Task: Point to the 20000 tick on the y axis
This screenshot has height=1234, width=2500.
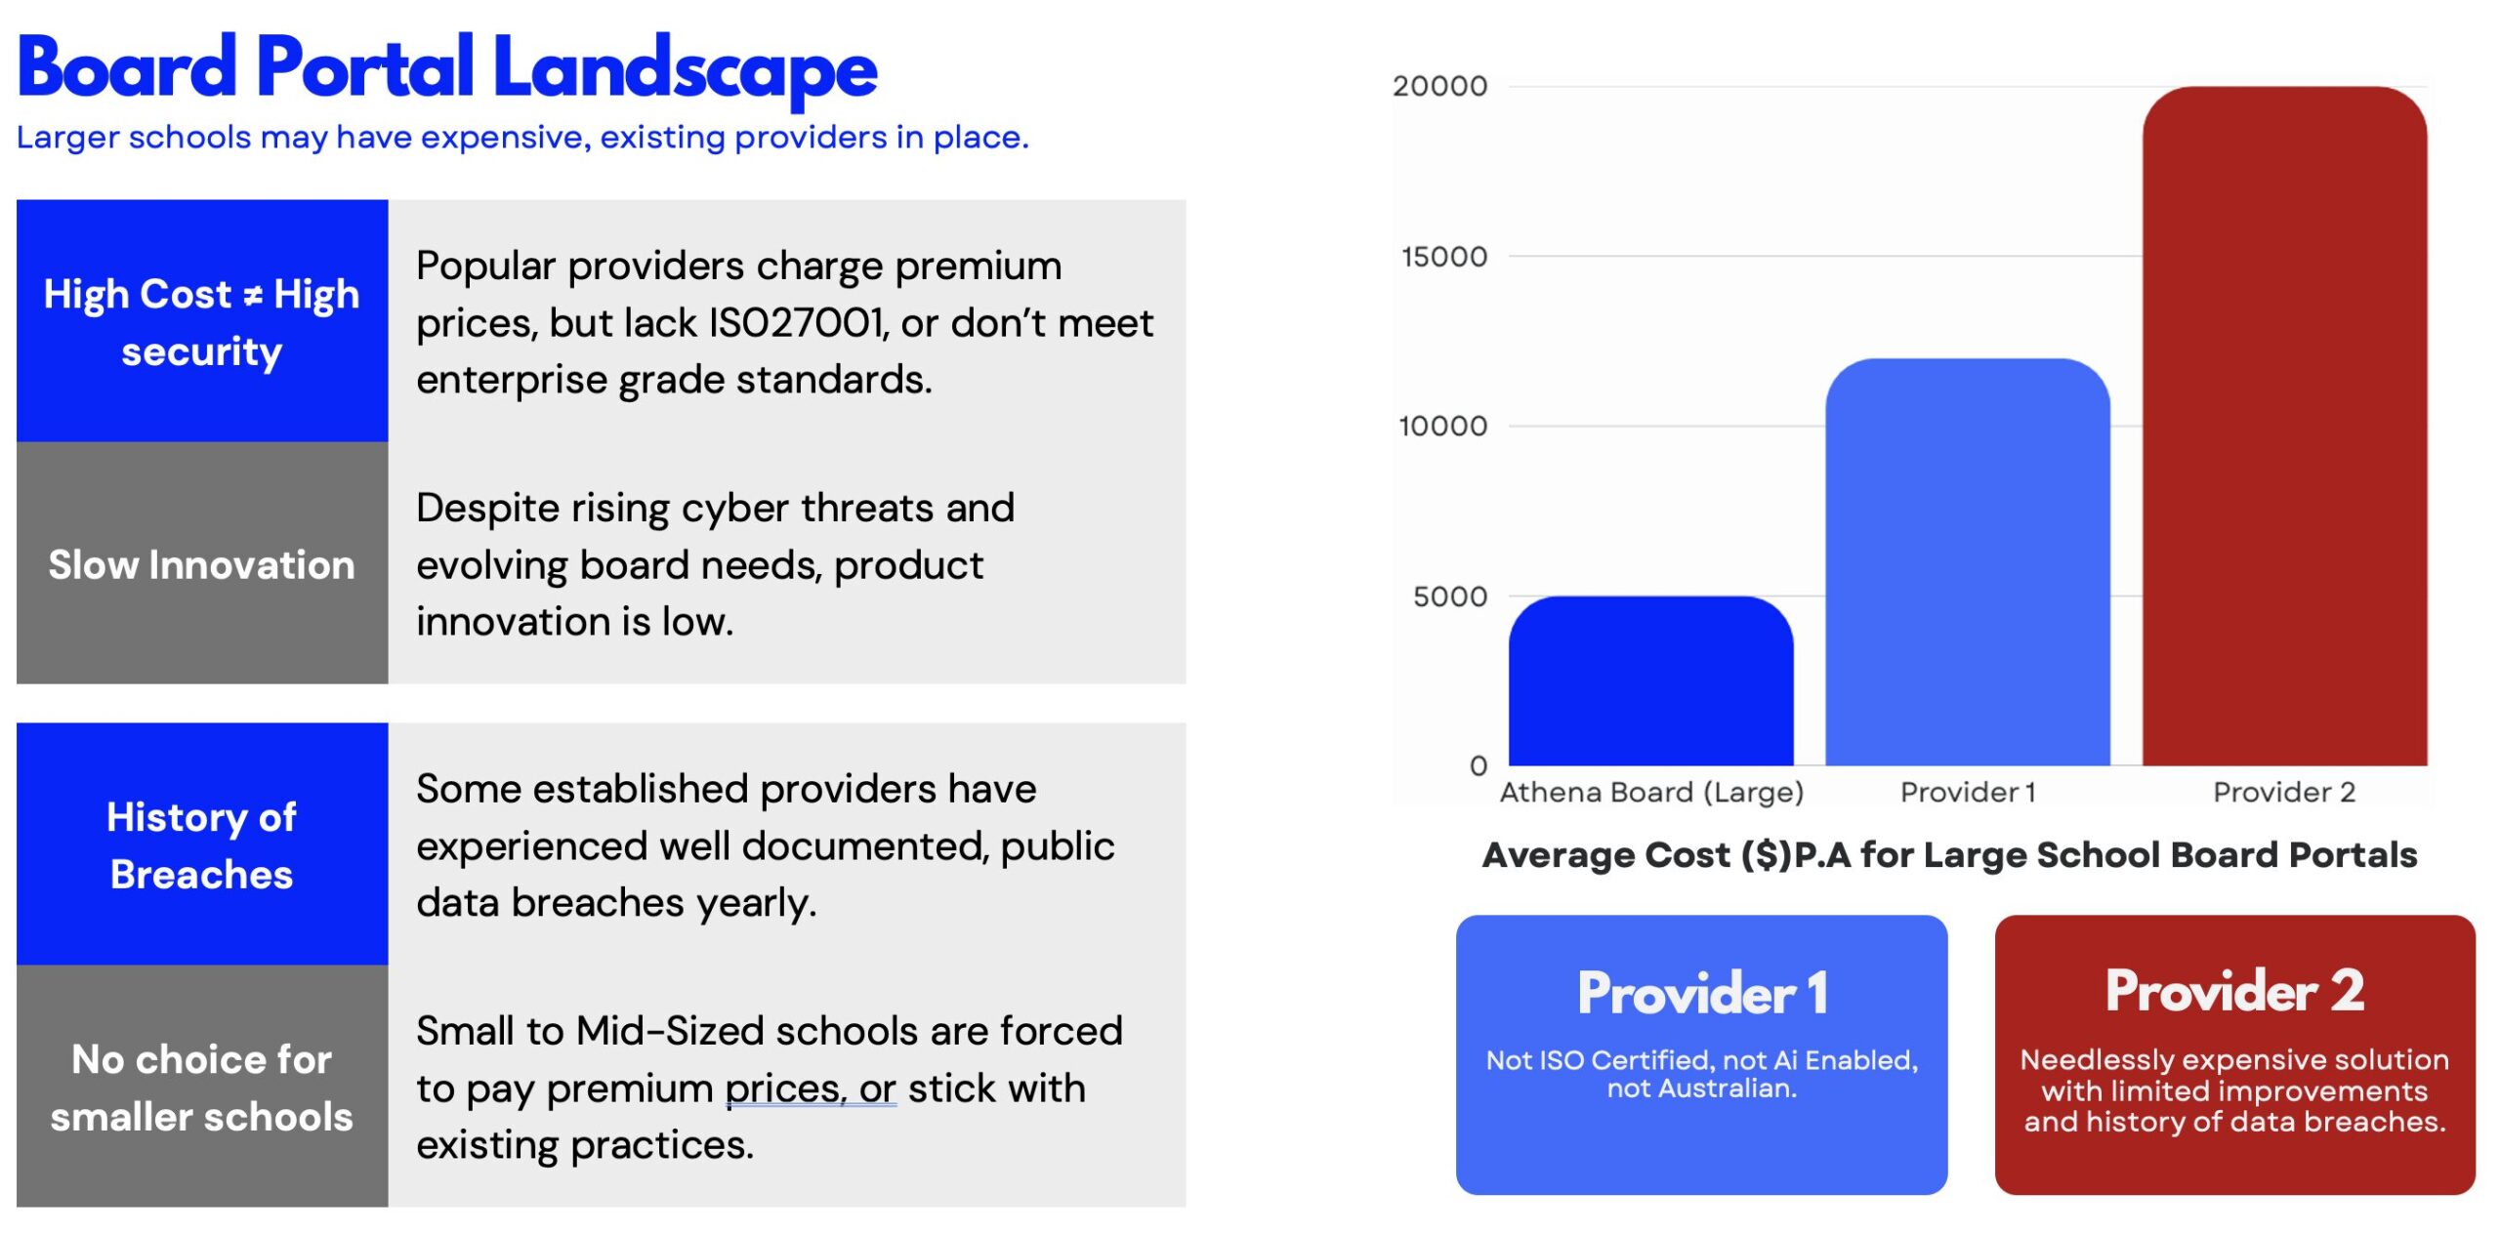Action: pos(1439,87)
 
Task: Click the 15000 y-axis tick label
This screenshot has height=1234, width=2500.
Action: pos(1443,257)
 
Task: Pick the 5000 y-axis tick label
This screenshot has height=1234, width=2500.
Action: pos(1449,596)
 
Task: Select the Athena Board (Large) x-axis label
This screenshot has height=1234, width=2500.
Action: pos(1650,792)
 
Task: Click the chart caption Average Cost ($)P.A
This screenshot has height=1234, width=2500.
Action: pos(1949,855)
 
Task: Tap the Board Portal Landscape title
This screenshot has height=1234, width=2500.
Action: pos(447,68)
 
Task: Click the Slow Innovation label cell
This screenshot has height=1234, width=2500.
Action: pos(202,564)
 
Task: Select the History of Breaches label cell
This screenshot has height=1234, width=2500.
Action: pos(202,844)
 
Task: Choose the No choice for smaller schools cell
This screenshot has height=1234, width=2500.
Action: pos(202,1087)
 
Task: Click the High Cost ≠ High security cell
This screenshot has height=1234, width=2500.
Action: pos(202,321)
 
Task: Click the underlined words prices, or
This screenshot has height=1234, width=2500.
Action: pos(810,1089)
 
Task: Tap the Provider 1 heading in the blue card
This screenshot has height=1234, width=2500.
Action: pos(1701,993)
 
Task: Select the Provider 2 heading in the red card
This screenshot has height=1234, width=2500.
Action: pos(2234,991)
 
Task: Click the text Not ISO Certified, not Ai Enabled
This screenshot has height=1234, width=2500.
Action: pos(1701,1060)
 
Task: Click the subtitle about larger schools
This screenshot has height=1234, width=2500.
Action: pos(522,138)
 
